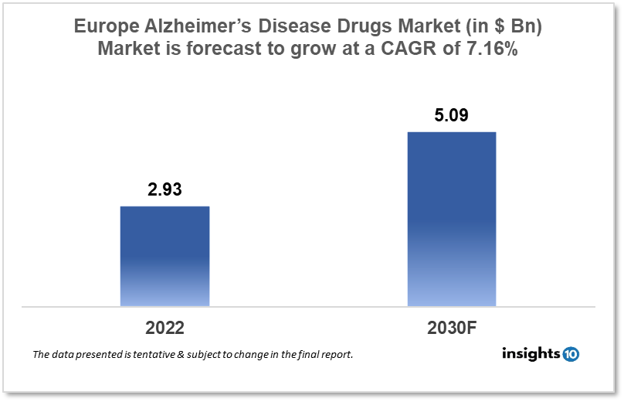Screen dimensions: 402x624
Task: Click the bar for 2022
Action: pos(164,256)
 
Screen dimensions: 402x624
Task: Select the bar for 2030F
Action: pos(451,219)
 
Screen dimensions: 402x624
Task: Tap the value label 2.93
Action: pos(164,190)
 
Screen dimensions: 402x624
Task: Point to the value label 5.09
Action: pos(451,117)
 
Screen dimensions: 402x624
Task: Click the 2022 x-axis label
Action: pos(164,327)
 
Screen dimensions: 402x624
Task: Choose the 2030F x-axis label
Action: pos(451,327)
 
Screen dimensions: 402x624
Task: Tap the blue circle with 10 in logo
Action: pos(571,354)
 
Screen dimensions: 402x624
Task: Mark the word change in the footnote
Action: pos(255,355)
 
